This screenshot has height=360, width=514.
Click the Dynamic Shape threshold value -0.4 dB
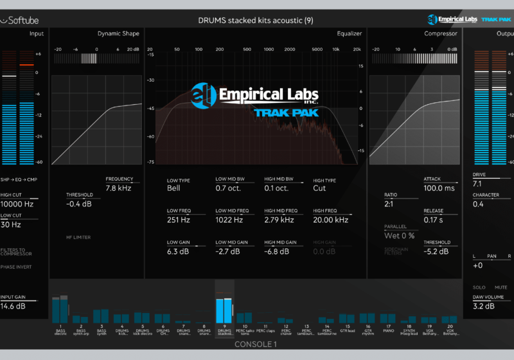[x=79, y=204]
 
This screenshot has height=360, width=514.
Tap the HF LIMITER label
[x=78, y=237]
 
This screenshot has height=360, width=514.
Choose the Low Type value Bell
[x=173, y=188]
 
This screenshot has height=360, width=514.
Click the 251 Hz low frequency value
[x=179, y=220]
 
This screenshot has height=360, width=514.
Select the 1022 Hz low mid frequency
[x=229, y=220]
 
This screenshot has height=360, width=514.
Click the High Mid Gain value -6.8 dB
[x=279, y=251]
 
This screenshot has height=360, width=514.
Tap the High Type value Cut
[x=319, y=188]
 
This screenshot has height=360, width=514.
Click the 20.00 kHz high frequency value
[x=331, y=220]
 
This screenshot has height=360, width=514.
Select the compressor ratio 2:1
[x=390, y=204]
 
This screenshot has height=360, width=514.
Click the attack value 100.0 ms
[x=439, y=188]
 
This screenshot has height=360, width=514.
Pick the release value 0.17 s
[x=434, y=220]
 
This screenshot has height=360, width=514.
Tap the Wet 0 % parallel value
[x=399, y=236]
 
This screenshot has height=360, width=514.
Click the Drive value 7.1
[x=477, y=184]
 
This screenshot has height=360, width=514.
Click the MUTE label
[x=501, y=287]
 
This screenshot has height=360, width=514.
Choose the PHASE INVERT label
[x=15, y=267]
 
